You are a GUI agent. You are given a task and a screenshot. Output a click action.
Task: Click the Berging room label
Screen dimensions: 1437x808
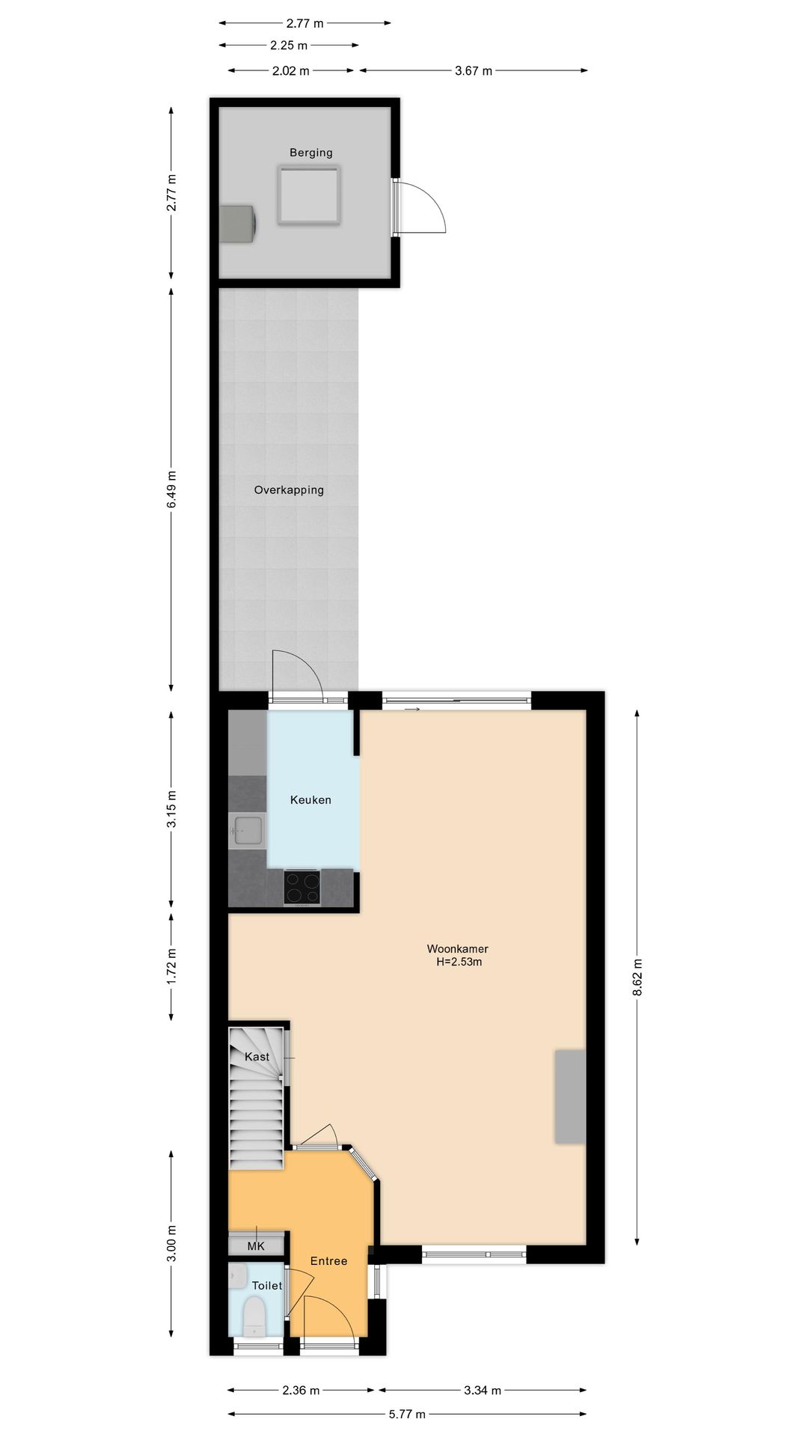click(311, 153)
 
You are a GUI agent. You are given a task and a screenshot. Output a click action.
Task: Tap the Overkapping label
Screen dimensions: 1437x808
click(289, 490)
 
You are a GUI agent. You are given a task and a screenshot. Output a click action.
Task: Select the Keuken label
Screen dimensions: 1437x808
click(310, 800)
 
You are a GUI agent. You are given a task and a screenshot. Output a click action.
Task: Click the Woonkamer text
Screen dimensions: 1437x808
click(457, 949)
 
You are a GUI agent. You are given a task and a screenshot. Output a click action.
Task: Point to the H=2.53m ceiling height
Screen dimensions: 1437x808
click(459, 962)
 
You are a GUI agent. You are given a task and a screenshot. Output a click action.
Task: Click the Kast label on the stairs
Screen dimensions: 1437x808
click(257, 1057)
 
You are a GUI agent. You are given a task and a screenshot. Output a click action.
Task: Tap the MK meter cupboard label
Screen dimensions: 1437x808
click(256, 1246)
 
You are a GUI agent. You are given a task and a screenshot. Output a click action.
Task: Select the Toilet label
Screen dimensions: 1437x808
click(266, 1286)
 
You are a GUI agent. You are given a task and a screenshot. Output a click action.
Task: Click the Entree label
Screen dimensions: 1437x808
click(328, 1261)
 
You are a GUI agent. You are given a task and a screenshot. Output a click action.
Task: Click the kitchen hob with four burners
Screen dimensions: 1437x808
click(302, 888)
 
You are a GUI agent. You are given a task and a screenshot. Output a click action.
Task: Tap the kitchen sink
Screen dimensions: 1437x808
click(248, 830)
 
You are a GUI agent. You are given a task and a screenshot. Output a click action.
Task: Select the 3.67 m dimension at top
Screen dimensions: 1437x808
click(474, 71)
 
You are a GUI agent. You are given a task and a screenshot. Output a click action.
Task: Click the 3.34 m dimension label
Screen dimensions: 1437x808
click(483, 1391)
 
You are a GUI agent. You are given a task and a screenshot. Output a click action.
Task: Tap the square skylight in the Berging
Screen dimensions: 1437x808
click(309, 195)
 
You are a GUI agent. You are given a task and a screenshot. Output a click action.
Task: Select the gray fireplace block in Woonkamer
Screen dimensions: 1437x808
click(569, 1096)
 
